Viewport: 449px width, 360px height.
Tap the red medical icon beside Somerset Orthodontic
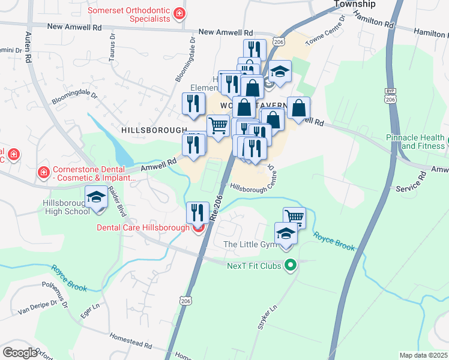(178, 13)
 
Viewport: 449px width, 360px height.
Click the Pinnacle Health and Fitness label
(415, 142)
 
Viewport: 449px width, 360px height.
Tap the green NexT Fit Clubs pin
(291, 265)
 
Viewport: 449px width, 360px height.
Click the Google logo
(20, 353)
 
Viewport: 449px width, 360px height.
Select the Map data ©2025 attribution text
(423, 355)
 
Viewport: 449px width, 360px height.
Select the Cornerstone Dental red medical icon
(43, 173)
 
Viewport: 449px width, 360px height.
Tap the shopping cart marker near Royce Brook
(294, 217)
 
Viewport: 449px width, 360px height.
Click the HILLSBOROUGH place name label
(154, 130)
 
